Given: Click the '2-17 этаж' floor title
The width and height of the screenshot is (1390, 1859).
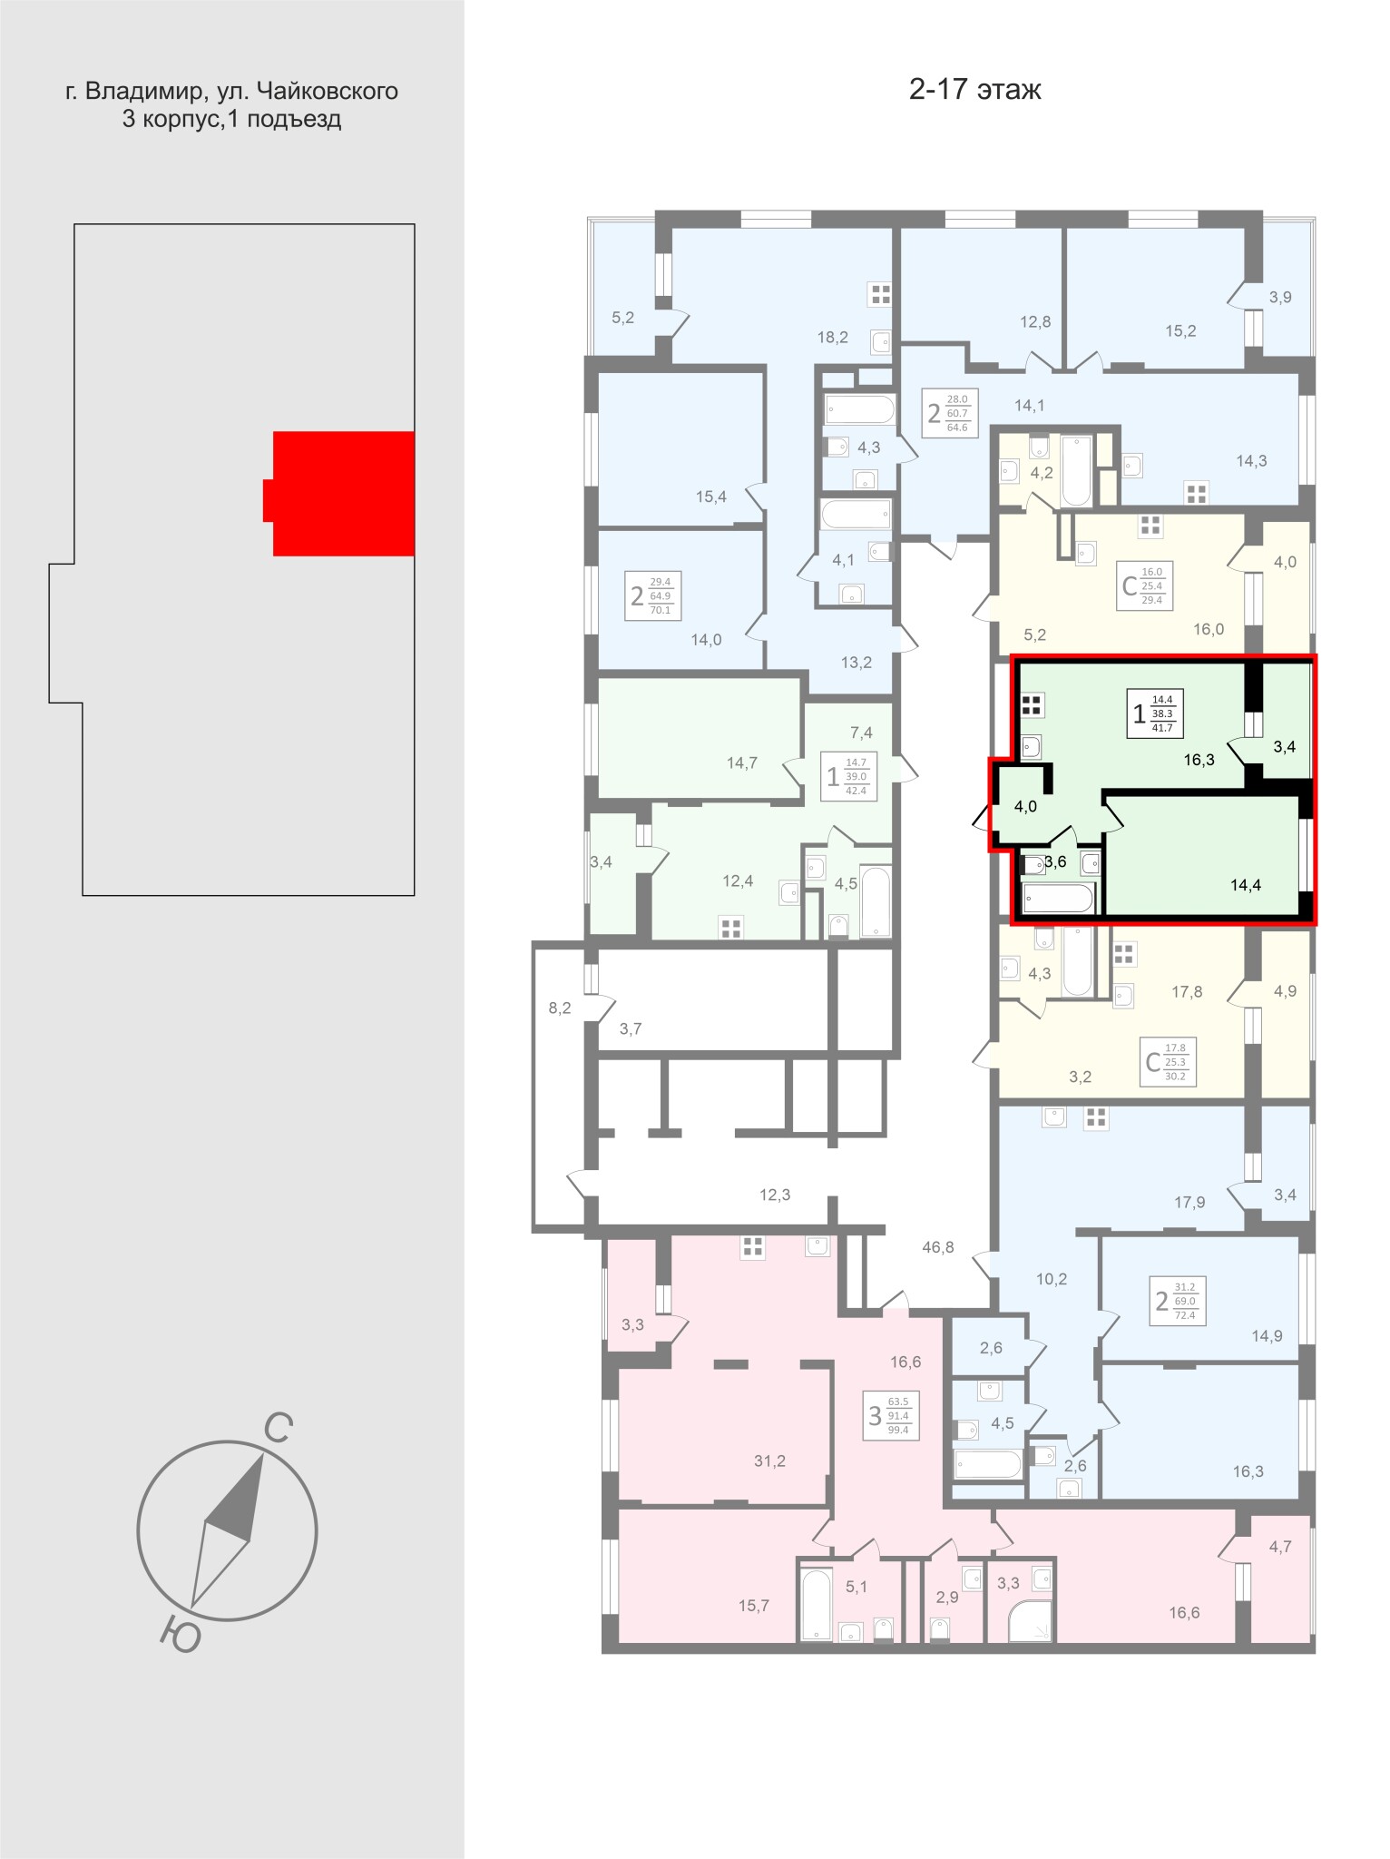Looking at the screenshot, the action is coord(975,90).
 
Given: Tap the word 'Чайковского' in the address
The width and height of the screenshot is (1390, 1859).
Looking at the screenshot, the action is coord(328,92).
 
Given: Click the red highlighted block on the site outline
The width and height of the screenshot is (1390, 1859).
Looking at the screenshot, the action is coord(344,493).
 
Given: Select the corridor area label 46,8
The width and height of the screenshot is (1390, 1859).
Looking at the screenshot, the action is coord(938,1247).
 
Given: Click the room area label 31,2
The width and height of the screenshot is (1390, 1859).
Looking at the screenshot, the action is coord(769,1461).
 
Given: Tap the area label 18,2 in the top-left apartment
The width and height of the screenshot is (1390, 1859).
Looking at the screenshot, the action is coord(832,338).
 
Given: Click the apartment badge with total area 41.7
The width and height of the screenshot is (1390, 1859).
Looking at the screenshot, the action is coord(1155,713).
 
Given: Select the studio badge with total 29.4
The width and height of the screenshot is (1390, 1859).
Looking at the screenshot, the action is coord(1145,585).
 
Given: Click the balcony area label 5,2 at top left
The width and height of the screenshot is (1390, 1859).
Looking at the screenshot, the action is coord(622,318).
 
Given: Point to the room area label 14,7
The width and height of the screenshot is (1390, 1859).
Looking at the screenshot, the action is coord(741,763).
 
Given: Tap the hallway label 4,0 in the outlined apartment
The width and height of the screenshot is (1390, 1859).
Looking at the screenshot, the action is coord(1025,806).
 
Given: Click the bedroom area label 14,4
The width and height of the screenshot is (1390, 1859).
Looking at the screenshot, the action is coord(1246,885).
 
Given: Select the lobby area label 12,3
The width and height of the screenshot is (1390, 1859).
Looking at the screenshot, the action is coord(775,1195).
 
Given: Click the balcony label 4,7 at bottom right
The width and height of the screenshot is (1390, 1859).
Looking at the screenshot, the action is coord(1280,1547).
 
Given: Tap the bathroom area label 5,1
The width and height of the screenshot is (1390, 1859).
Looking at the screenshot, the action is coord(857,1587).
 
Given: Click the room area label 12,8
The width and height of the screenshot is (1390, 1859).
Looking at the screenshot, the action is coord(1034,321).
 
